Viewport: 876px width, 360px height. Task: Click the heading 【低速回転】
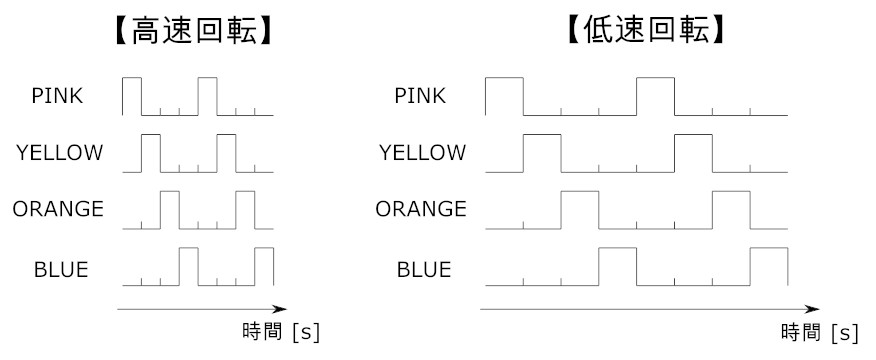click(x=642, y=31)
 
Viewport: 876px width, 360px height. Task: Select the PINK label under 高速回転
click(x=57, y=96)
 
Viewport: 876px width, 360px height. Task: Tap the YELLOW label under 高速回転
click(x=59, y=153)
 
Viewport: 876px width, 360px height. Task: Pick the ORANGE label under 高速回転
click(x=58, y=210)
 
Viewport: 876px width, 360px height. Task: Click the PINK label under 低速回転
click(x=420, y=96)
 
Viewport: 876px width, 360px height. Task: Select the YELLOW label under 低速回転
click(x=422, y=153)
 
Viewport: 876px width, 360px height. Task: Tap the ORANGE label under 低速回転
click(x=421, y=210)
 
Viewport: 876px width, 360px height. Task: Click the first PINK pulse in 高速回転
click(x=132, y=95)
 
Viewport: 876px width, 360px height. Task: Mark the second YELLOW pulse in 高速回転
click(x=227, y=152)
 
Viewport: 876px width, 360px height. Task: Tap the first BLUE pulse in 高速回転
click(x=189, y=267)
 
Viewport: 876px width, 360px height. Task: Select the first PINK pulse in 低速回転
click(x=504, y=95)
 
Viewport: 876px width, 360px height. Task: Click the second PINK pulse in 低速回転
click(x=656, y=95)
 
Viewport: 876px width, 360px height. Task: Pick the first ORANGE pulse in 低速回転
click(x=580, y=210)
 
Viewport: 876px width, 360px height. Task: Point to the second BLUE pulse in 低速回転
click(x=770, y=267)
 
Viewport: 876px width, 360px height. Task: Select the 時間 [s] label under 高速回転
click(x=281, y=331)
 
